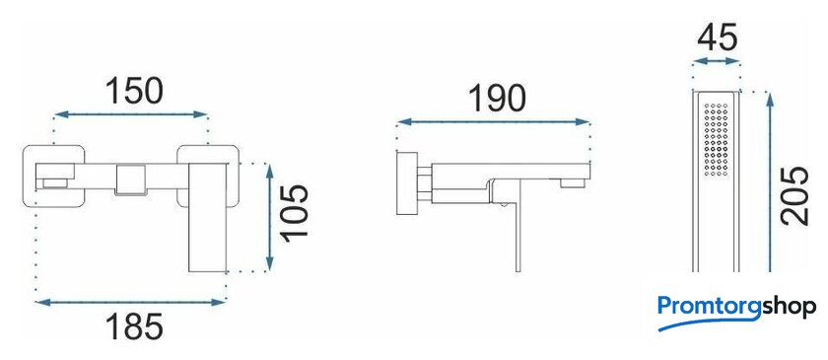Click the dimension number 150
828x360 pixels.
[x=134, y=91]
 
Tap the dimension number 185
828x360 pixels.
[x=134, y=326]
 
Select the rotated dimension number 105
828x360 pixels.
[x=294, y=213]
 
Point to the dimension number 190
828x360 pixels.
[x=497, y=99]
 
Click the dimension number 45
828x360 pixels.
[x=717, y=37]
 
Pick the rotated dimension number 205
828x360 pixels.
[x=795, y=195]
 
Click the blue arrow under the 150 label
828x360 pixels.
[x=130, y=114]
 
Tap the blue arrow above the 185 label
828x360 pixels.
[x=130, y=303]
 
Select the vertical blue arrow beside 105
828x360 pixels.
[x=270, y=217]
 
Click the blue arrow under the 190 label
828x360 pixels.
[x=493, y=122]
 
